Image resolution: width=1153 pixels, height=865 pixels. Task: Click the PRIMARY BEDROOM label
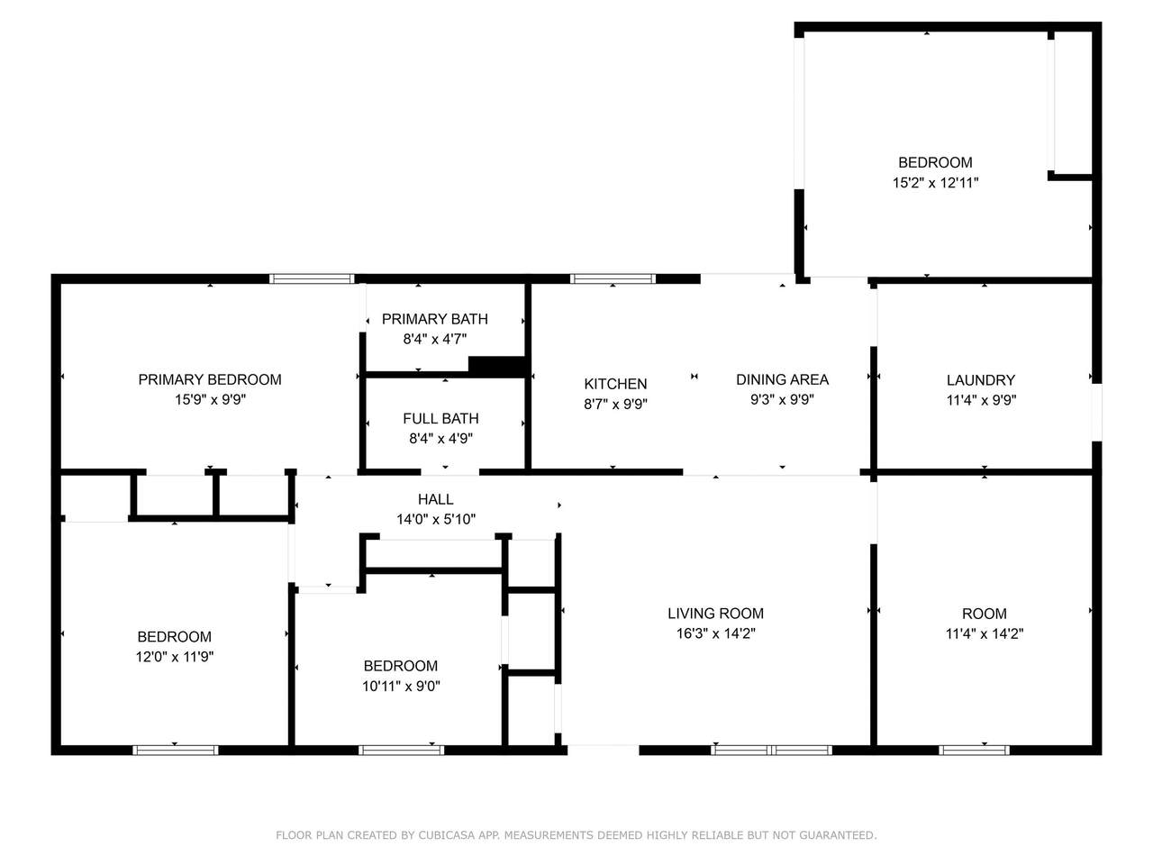(x=210, y=379)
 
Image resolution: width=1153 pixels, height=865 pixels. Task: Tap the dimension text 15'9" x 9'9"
(x=210, y=399)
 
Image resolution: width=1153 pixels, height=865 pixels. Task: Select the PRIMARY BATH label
(x=434, y=319)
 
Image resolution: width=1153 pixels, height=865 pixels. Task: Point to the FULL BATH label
(x=440, y=418)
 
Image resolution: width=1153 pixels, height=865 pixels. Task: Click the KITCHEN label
(x=615, y=384)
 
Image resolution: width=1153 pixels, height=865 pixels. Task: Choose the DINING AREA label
(x=782, y=379)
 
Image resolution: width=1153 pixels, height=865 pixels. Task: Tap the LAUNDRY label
(x=981, y=379)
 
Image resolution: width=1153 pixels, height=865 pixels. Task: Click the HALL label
(x=435, y=499)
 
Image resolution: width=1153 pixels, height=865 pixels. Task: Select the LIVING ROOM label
(x=715, y=613)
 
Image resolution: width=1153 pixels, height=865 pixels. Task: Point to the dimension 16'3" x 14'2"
(x=715, y=633)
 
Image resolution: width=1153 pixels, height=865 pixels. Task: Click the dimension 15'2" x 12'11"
(x=935, y=182)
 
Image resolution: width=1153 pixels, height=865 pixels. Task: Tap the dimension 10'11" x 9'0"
(x=401, y=686)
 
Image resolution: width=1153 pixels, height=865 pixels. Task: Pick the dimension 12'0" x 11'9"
(x=175, y=656)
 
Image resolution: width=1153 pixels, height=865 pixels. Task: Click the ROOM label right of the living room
(x=984, y=613)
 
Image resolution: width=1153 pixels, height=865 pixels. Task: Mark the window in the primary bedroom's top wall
(x=312, y=278)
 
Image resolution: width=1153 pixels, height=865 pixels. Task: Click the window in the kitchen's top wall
(x=613, y=278)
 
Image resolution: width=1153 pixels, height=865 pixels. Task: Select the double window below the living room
(x=771, y=750)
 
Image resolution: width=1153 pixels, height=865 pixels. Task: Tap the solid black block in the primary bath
(x=496, y=366)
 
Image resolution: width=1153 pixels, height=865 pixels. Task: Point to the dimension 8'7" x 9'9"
(x=615, y=404)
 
